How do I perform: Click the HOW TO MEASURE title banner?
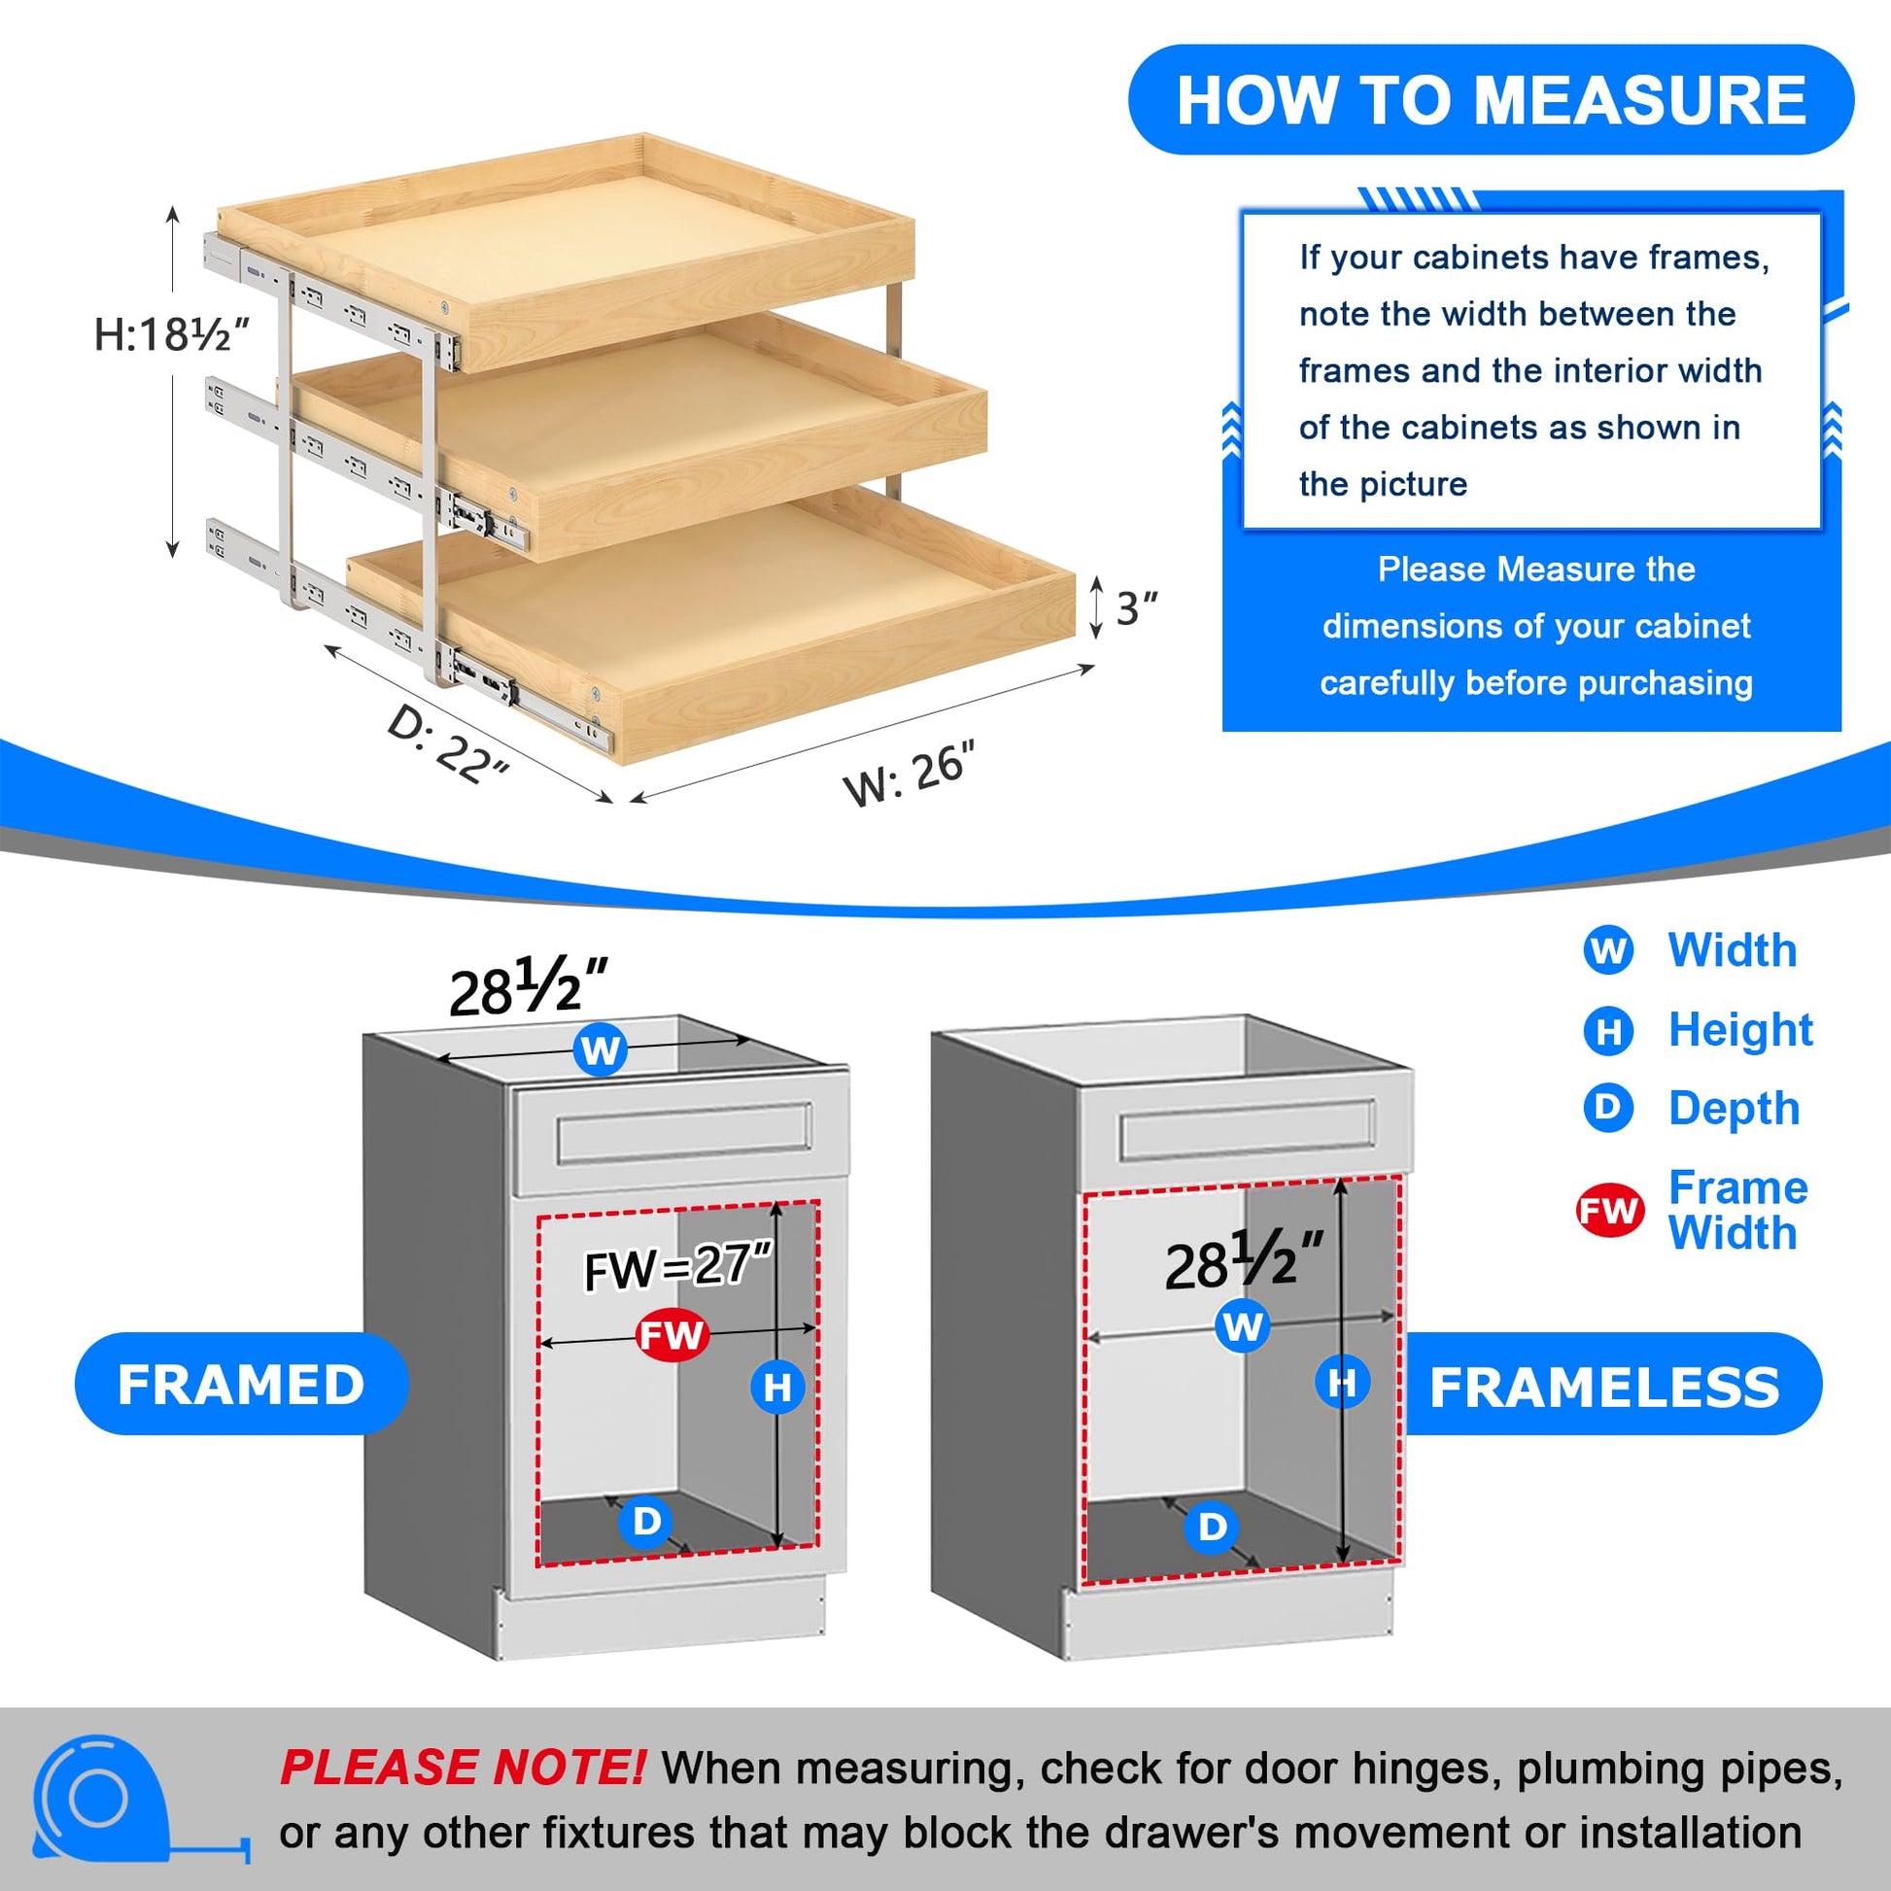coord(1491,100)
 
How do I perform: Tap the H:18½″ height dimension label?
coord(171,335)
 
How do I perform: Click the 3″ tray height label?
coord(1136,609)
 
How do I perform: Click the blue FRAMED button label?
coord(241,1385)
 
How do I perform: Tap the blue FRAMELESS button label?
coord(1605,1387)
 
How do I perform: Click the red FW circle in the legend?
coord(1608,1211)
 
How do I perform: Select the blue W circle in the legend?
coord(1608,950)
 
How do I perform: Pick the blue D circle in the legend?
coord(1608,1107)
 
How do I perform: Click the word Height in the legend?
coord(1740,1030)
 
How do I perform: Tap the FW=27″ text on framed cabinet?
coord(679,1265)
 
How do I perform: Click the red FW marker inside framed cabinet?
coord(671,1335)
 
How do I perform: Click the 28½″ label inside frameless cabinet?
coord(1244,1260)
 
